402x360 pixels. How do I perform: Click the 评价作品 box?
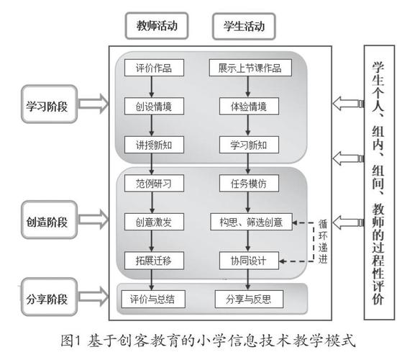tap(152, 68)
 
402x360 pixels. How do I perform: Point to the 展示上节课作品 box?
tap(250, 68)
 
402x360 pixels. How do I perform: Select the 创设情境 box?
tap(152, 107)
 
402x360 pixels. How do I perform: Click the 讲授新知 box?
tap(152, 145)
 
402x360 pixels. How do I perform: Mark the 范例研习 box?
tap(152, 183)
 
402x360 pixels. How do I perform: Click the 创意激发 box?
tap(152, 221)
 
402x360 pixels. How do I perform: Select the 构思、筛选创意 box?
tap(250, 221)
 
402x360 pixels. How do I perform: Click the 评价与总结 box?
tap(152, 297)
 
